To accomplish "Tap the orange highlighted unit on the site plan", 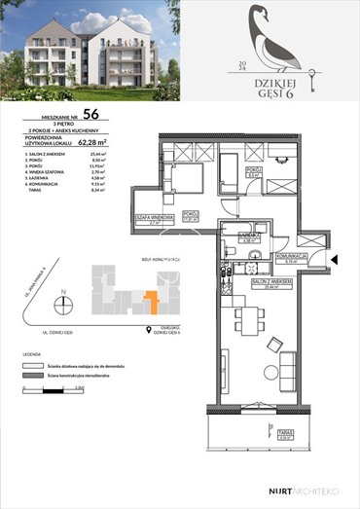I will point(148,302).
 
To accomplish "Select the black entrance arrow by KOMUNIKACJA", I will point(334,259).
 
